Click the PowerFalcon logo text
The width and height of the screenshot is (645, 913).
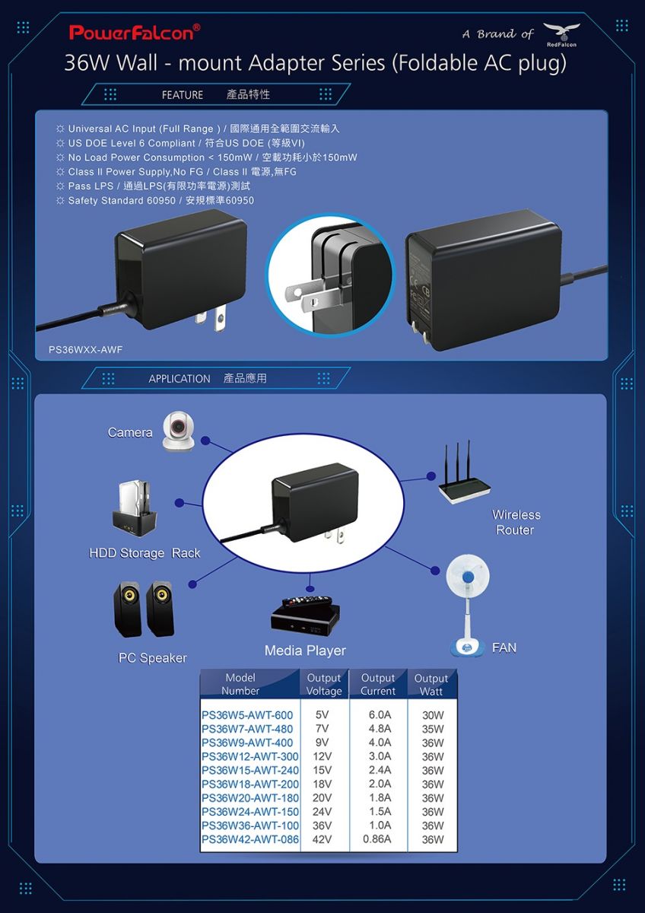click(x=135, y=32)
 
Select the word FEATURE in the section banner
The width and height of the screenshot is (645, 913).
click(x=182, y=95)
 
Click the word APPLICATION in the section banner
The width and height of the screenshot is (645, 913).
click(x=180, y=379)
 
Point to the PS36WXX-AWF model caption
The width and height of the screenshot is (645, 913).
click(x=85, y=350)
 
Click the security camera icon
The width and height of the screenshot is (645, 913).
click(x=178, y=431)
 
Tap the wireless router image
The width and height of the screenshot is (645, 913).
click(x=464, y=472)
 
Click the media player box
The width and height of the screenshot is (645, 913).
click(x=305, y=616)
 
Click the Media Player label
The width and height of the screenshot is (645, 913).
click(x=305, y=651)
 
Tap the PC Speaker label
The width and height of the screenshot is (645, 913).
click(x=152, y=658)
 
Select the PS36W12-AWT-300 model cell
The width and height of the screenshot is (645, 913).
click(x=249, y=756)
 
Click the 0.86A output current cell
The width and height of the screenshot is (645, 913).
click(x=377, y=838)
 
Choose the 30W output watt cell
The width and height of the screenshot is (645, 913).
click(x=433, y=715)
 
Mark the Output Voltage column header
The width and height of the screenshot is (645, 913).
click(x=324, y=684)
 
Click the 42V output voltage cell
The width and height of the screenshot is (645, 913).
click(x=322, y=839)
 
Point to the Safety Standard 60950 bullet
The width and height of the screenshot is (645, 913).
click(x=155, y=201)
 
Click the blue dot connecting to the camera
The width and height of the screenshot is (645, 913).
click(x=206, y=441)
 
